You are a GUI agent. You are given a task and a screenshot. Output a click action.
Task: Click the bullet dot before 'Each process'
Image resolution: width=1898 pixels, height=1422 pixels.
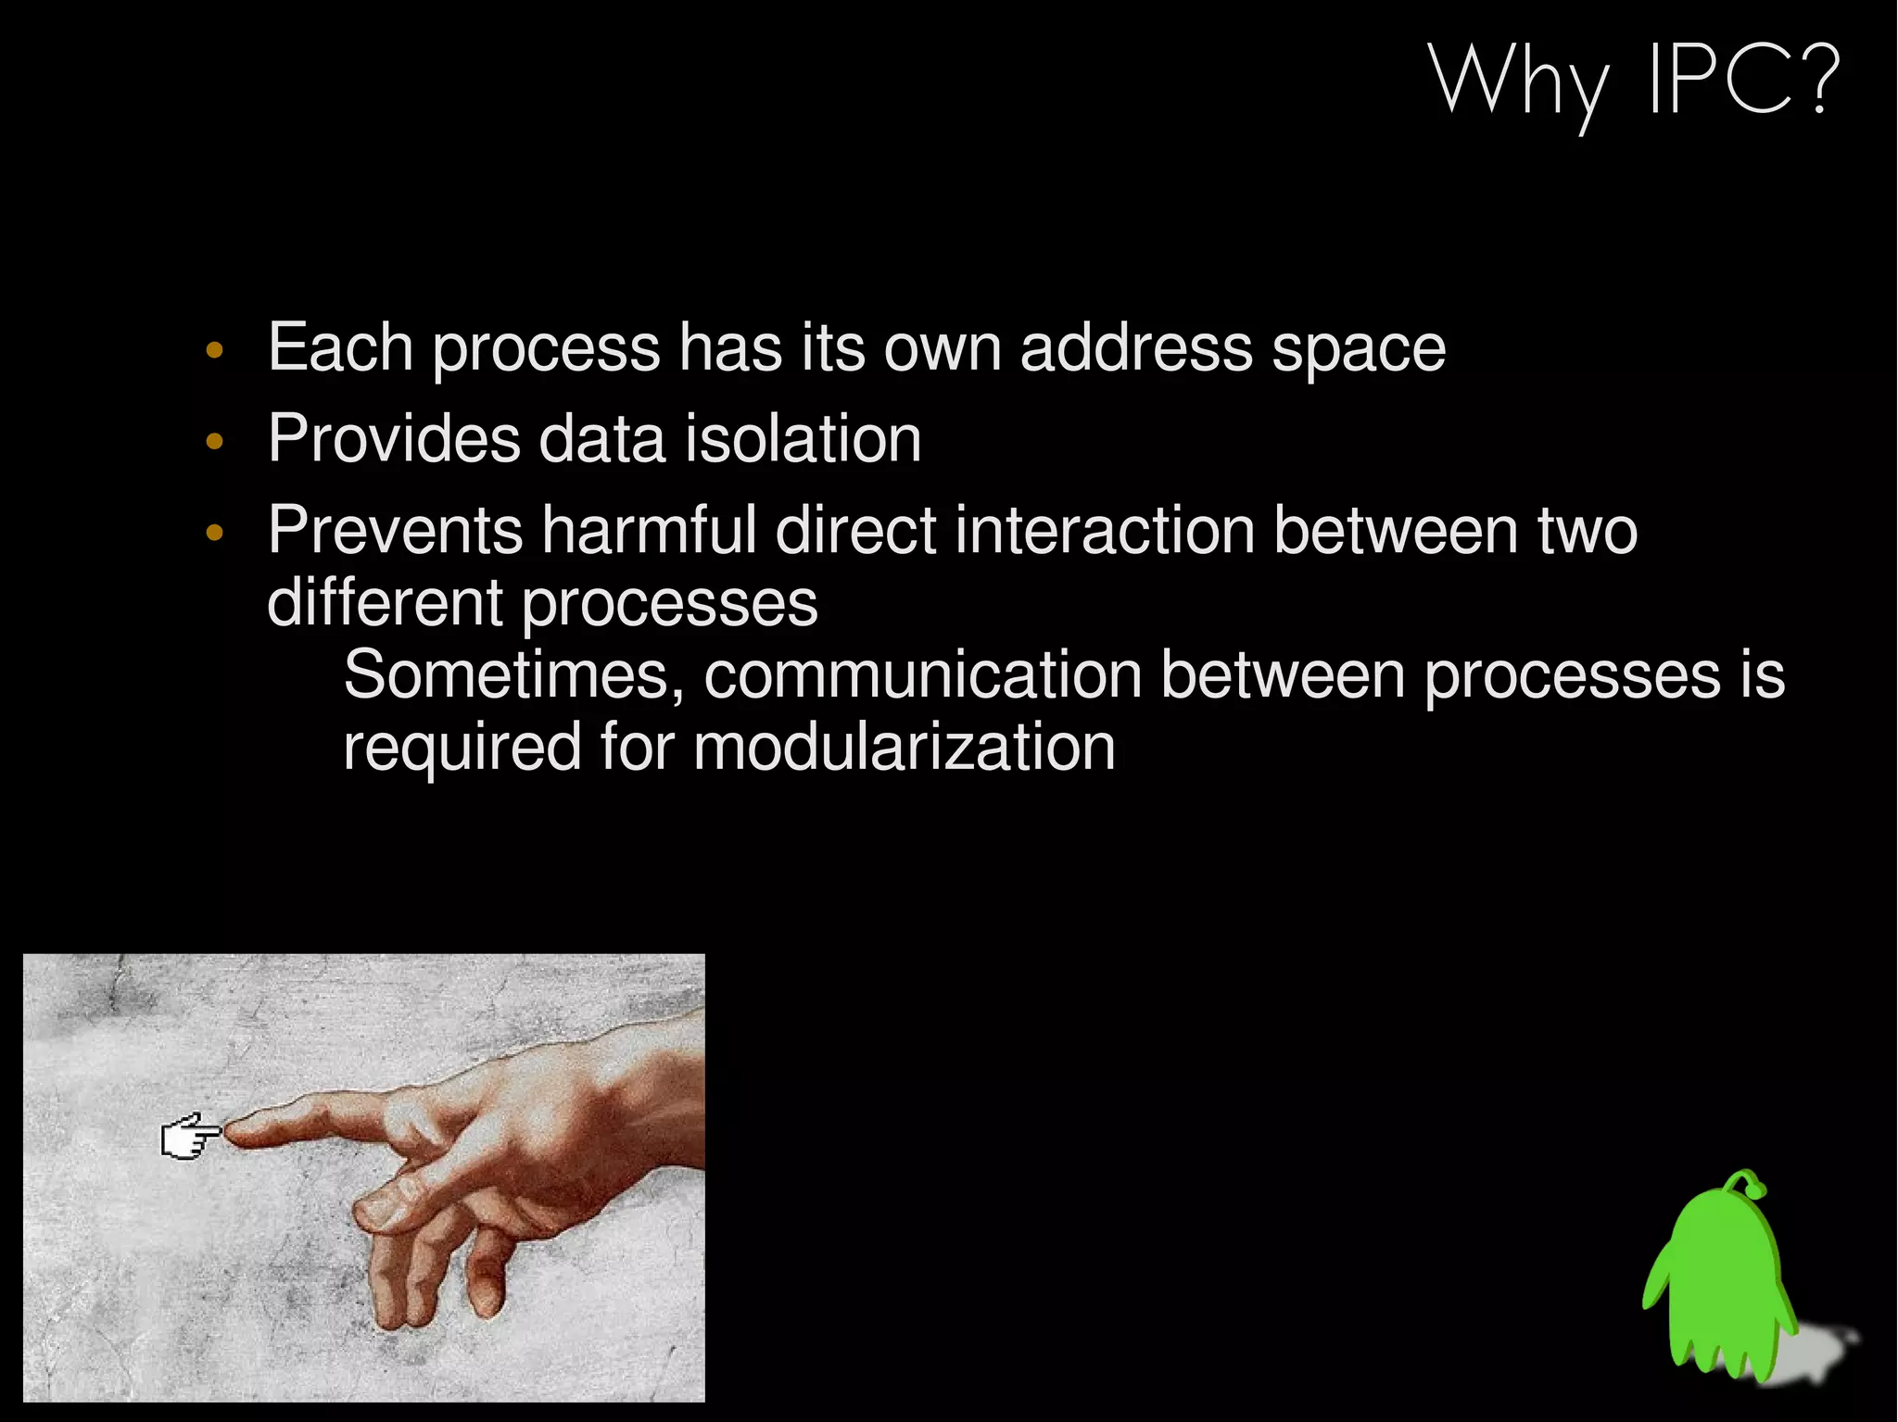tap(215, 351)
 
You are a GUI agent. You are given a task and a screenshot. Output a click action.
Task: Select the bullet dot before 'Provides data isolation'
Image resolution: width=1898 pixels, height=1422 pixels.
tap(215, 442)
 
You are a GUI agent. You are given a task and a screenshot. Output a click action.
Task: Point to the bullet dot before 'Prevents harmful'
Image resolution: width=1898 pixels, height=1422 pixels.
tap(215, 533)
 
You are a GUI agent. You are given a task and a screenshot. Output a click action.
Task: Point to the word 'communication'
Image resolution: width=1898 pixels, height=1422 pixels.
tap(922, 674)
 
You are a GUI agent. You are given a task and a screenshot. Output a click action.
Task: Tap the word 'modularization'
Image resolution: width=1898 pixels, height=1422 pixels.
tap(904, 747)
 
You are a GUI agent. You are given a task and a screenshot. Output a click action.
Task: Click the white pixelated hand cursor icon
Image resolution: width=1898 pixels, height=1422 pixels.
tap(189, 1136)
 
